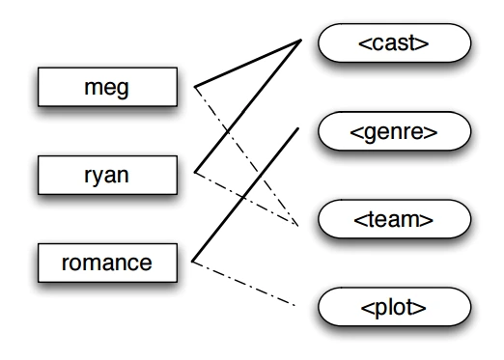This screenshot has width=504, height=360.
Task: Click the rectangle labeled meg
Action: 107,89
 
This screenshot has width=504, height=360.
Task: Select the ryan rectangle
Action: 107,175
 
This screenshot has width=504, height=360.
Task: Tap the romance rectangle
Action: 107,261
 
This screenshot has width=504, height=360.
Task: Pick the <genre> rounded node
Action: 394,131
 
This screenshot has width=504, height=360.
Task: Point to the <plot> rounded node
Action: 394,309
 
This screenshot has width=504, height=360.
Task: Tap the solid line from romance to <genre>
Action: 246,193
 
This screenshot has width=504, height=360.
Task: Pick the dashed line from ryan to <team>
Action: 246,199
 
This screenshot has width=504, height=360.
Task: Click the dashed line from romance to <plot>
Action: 245,284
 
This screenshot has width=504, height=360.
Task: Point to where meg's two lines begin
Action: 195,88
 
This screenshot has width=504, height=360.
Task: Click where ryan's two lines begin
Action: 195,174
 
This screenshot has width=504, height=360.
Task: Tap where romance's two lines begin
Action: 194,261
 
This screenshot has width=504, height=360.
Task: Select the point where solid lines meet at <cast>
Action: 301,40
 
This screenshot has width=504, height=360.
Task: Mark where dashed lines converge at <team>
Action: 296,224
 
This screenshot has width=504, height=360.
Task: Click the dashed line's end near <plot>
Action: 294,306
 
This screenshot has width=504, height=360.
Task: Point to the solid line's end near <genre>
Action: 297,127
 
